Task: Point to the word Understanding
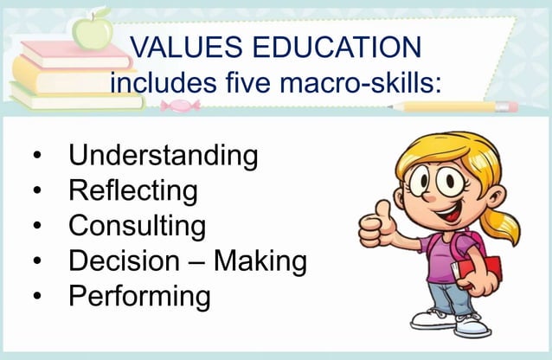[163, 157]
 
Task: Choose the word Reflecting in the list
[132, 190]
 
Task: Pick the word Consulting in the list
[137, 226]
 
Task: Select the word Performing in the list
[139, 296]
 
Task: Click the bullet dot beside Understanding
[37, 158]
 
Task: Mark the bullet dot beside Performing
[37, 297]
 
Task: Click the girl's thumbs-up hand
[376, 225]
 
